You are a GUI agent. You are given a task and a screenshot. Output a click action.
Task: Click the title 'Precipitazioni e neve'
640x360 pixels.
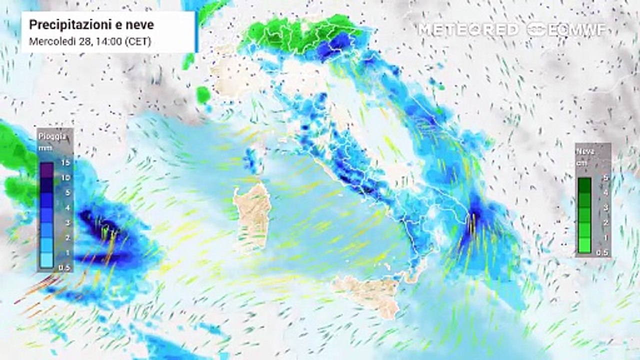[x=91, y=25]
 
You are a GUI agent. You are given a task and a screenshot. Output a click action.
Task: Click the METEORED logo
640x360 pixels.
[x=468, y=29]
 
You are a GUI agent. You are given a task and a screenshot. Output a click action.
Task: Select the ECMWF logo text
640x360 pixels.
[x=575, y=29]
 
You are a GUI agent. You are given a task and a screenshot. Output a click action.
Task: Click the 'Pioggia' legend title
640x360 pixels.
[x=54, y=136]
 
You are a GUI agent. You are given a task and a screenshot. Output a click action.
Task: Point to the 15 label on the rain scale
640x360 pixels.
[x=65, y=162]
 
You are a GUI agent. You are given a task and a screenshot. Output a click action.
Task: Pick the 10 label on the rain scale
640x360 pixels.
[x=65, y=178]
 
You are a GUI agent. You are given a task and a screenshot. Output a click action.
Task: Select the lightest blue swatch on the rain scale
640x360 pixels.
[x=47, y=260]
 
